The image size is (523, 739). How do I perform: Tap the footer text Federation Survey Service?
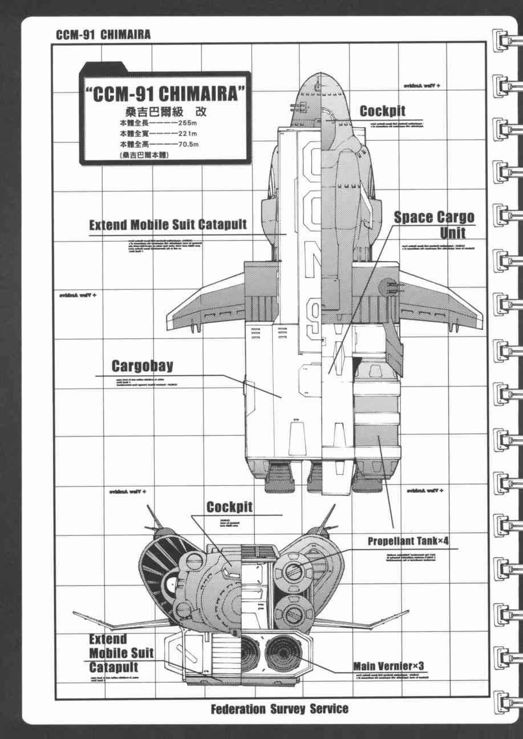coord(279,709)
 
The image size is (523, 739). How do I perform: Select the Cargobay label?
coord(142,366)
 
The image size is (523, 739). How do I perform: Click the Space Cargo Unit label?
coord(435,224)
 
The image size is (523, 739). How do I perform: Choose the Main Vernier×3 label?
coord(388,666)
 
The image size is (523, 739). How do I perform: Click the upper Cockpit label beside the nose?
coord(382,111)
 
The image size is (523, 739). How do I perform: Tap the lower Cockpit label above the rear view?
coord(229,506)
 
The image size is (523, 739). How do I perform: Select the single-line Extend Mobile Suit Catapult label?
coord(168,224)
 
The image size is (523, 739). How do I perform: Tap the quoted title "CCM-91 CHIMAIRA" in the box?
coord(165,94)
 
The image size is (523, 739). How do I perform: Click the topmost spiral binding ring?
coord(504,40)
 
